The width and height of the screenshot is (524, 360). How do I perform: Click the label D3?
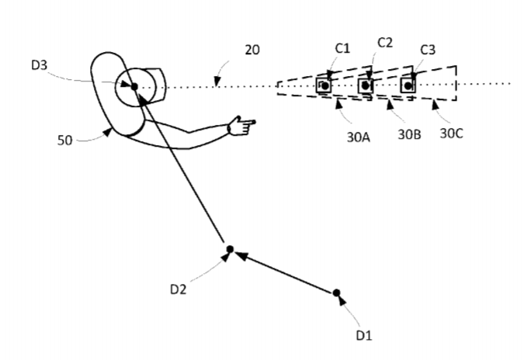pyautogui.click(x=39, y=65)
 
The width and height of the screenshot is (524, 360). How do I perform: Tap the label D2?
pyautogui.click(x=178, y=289)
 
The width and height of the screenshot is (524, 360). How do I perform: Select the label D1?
pyautogui.click(x=364, y=335)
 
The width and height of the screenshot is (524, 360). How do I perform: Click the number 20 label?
pyautogui.click(x=252, y=50)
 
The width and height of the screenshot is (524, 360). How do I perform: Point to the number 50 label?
pyautogui.click(x=65, y=140)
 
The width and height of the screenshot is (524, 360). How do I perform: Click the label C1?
pyautogui.click(x=342, y=48)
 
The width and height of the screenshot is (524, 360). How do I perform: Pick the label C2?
pyautogui.click(x=385, y=43)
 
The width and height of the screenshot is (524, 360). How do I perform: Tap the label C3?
pyautogui.click(x=428, y=50)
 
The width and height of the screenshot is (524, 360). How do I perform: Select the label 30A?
pyautogui.click(x=358, y=137)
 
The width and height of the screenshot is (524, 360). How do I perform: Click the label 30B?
pyautogui.click(x=409, y=134)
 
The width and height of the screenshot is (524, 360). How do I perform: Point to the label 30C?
pyautogui.click(x=452, y=133)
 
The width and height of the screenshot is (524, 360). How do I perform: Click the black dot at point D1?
pyautogui.click(x=336, y=292)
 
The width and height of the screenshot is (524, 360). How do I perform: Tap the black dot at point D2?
pyautogui.click(x=230, y=249)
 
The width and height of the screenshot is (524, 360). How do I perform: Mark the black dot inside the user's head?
pyautogui.click(x=134, y=87)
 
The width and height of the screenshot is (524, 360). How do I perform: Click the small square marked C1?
pyautogui.click(x=324, y=85)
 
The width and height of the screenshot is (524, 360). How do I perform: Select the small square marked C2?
pyautogui.click(x=366, y=86)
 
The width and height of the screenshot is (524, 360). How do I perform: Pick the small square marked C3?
pyautogui.click(x=408, y=86)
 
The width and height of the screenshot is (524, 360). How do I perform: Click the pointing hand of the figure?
pyautogui.click(x=241, y=126)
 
